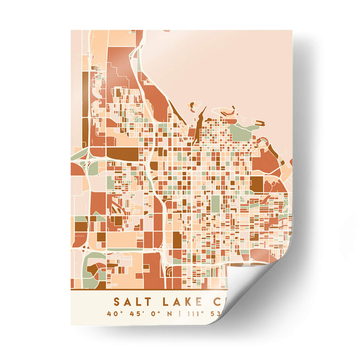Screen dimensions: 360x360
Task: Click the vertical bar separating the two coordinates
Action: tap(179, 314)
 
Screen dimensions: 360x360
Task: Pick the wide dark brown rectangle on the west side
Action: tap(122, 154)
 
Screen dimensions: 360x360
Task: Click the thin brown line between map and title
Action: tap(148, 289)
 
